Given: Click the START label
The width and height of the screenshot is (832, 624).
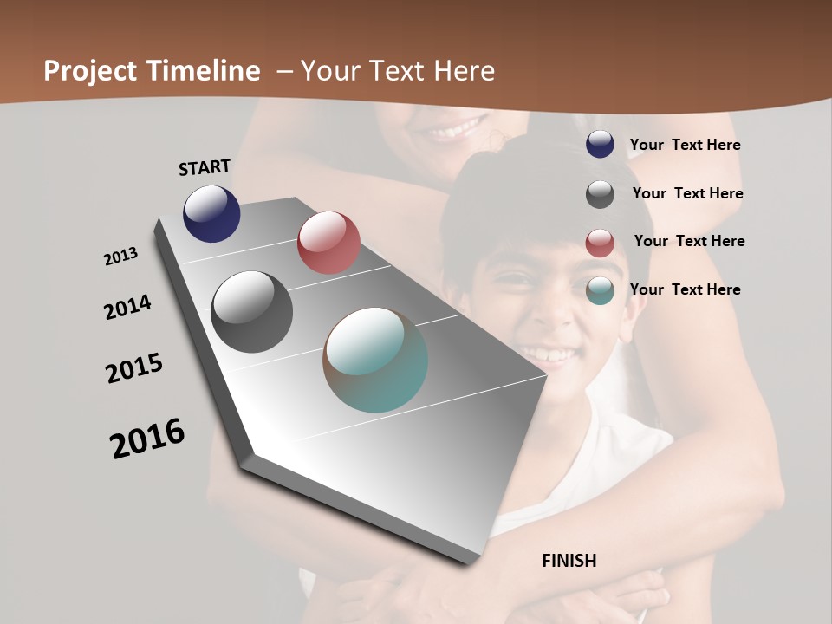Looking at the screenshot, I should (x=205, y=167).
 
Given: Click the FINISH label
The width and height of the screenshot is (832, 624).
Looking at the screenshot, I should (x=569, y=561).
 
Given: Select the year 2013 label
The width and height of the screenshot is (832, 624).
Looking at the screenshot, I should (x=120, y=257).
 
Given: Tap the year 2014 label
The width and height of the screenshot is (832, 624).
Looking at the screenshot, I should (x=127, y=307).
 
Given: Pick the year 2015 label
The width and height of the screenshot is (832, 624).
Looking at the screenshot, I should (x=134, y=368).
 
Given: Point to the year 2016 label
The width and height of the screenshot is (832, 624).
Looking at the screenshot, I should (x=147, y=439).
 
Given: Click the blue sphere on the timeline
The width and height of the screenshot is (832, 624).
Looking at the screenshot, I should (x=211, y=213).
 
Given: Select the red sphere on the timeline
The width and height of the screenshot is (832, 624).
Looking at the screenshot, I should (x=328, y=243).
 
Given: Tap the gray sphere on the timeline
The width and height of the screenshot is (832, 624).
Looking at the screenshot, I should (x=252, y=312).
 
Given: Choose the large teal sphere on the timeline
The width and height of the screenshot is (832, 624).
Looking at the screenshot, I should (x=375, y=360).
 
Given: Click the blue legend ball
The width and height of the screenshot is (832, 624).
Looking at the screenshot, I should (x=600, y=145).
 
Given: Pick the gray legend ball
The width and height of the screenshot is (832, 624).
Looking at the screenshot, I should (x=600, y=194).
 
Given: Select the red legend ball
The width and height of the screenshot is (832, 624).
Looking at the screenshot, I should (x=600, y=243).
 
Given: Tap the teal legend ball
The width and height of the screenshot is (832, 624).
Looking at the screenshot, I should (x=600, y=290).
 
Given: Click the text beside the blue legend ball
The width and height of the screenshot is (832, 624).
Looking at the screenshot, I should (x=685, y=146).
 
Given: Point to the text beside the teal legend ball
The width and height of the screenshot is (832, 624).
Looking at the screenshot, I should (x=685, y=289).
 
